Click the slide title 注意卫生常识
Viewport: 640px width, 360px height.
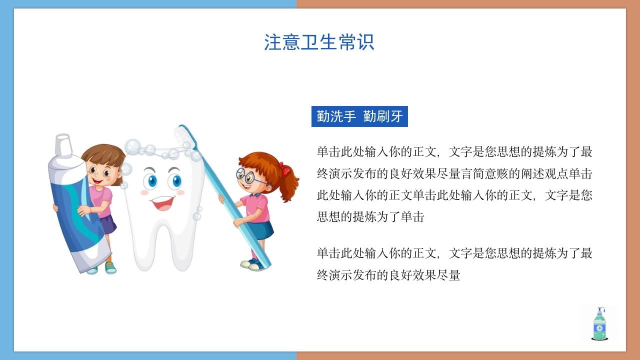319,42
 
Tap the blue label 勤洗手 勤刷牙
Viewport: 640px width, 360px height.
359,117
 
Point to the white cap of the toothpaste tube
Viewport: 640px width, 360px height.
63,145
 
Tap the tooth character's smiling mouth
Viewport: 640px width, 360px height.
162,202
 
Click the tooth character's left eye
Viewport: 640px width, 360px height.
149,180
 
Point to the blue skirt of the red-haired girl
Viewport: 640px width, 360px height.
261,230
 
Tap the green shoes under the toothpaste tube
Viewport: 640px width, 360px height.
110,268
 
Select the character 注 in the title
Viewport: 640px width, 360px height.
273,42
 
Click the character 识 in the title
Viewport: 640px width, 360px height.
365,42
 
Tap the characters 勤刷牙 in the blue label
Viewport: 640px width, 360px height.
383,117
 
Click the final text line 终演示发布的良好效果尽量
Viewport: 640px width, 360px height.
388,275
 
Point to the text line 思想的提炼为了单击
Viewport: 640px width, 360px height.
370,217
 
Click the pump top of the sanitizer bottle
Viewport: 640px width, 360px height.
599,310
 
